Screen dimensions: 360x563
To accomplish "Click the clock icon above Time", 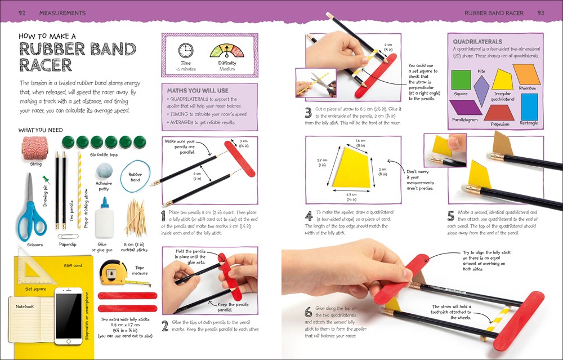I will (185, 50).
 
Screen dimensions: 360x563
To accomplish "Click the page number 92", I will (22, 12).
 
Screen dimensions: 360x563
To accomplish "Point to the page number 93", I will (540, 12).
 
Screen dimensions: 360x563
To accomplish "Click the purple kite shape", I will (481, 88).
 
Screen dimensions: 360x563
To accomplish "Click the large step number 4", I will (309, 216).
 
